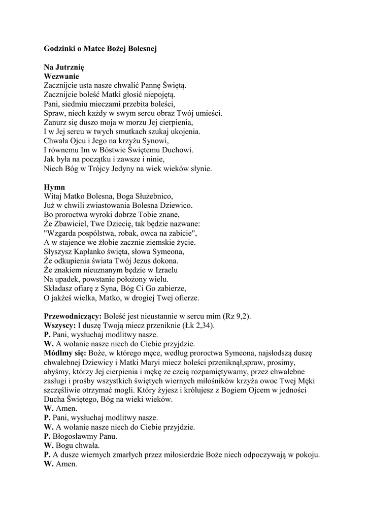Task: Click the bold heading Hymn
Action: [54, 187]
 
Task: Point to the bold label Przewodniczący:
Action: [73, 316]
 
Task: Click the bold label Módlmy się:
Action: [65, 353]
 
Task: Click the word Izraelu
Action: [162, 270]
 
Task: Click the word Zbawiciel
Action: [72, 223]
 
